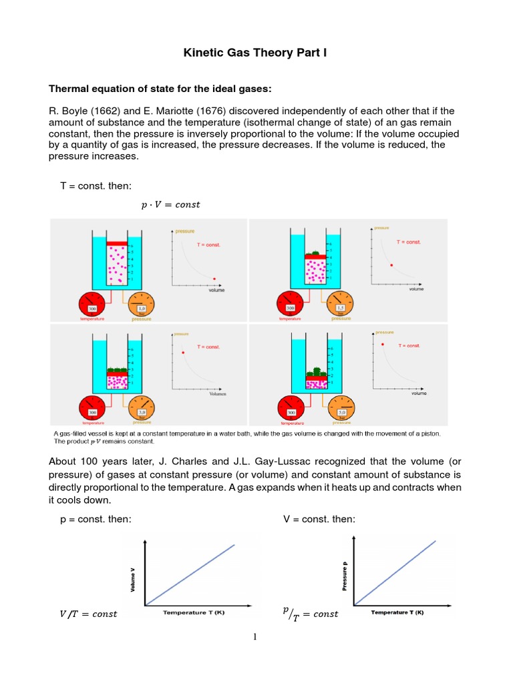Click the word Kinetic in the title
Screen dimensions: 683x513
click(202, 53)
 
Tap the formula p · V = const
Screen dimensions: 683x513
click(170, 205)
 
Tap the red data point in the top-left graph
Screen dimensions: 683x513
click(214, 279)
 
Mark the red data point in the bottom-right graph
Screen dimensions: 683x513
click(383, 344)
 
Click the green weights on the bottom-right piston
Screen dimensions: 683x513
click(315, 369)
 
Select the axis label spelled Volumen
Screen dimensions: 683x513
click(217, 394)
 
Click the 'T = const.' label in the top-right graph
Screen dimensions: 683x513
click(409, 243)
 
